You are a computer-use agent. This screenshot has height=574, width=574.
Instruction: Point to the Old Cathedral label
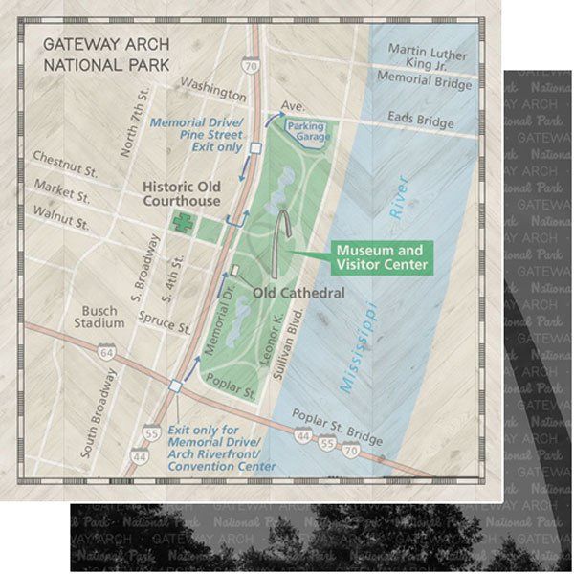[299, 292]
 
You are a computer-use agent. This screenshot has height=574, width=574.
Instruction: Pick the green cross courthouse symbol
[180, 222]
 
